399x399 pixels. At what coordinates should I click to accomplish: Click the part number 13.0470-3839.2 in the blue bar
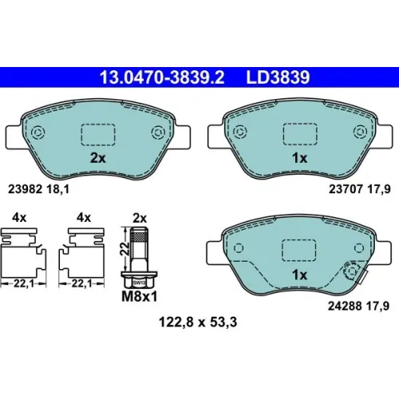click(162, 77)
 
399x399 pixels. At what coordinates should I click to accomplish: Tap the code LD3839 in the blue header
click(278, 77)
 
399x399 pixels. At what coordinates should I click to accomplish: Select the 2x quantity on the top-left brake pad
click(98, 158)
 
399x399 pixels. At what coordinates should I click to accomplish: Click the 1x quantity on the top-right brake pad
click(300, 158)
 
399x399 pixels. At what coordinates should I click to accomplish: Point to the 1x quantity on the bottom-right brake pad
click(300, 275)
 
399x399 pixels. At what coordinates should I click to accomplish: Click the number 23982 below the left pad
click(26, 189)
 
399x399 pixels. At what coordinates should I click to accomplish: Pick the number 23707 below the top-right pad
click(346, 189)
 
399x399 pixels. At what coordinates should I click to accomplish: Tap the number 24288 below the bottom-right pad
click(345, 306)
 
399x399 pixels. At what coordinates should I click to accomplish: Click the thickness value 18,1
click(57, 189)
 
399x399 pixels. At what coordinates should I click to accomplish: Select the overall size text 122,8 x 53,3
click(198, 322)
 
